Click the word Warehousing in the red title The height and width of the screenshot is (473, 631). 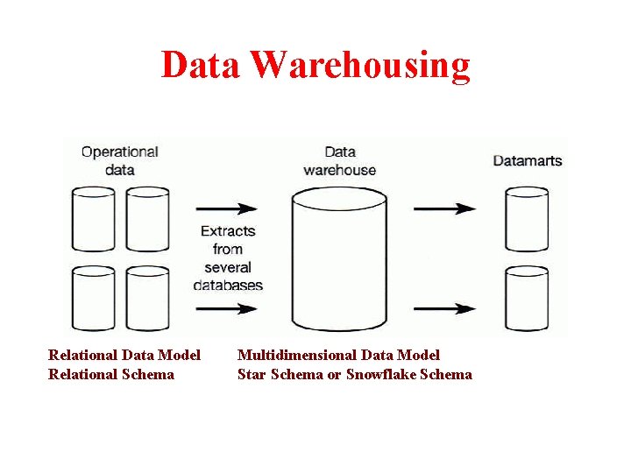pyautogui.click(x=360, y=65)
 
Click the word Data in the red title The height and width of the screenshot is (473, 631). pyautogui.click(x=201, y=65)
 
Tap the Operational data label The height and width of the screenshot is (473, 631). pyautogui.click(x=119, y=160)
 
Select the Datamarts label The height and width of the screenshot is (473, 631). pyautogui.click(x=528, y=161)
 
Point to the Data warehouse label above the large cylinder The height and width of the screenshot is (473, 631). pyautogui.click(x=339, y=161)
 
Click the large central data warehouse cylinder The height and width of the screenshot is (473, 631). pyautogui.click(x=338, y=263)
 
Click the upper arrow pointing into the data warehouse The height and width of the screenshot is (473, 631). pyautogui.click(x=226, y=208)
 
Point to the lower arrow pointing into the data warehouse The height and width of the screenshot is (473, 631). pyautogui.click(x=226, y=308)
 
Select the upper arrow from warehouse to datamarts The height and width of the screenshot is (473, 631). pyautogui.click(x=444, y=208)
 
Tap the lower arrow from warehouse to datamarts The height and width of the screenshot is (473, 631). pyautogui.click(x=444, y=308)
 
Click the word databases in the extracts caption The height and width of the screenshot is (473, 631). pyautogui.click(x=228, y=286)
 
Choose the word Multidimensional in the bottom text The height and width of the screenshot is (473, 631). pyautogui.click(x=294, y=355)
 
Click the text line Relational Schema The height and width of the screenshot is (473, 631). pyautogui.click(x=111, y=375)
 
